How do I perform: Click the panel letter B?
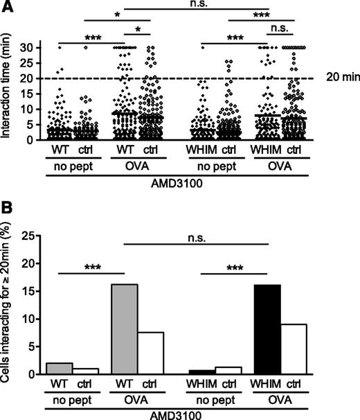coord(8,224)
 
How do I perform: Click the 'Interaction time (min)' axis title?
coord(9,94)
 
